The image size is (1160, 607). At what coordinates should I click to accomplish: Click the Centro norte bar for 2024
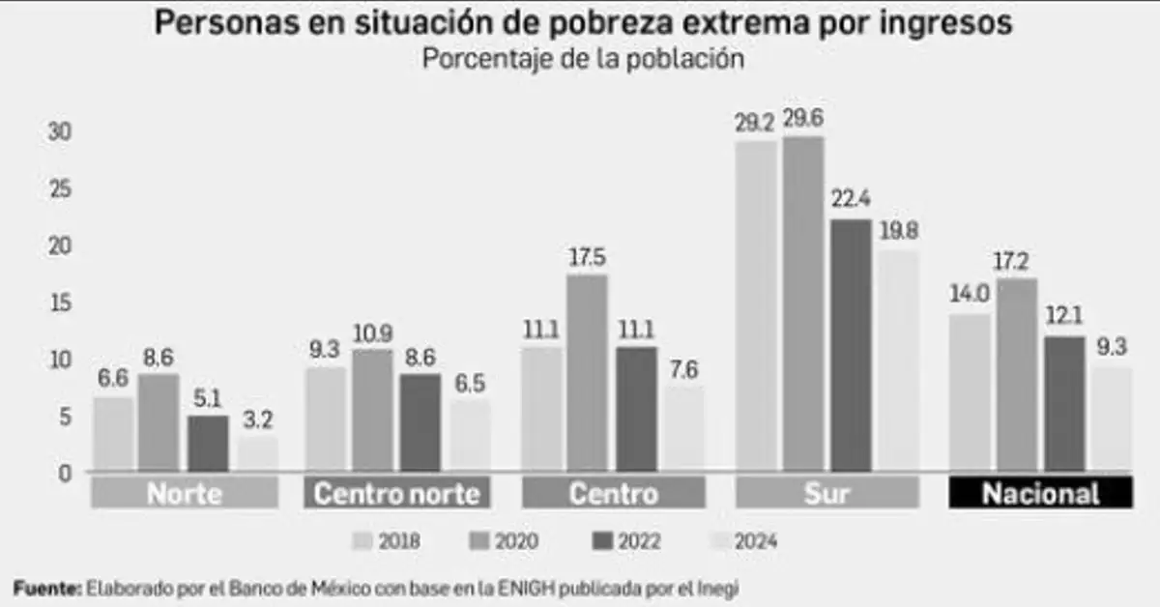coord(469,436)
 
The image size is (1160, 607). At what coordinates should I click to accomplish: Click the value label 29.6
coord(803,119)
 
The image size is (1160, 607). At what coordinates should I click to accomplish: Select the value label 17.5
coord(587,258)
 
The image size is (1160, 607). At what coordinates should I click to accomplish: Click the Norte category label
coord(185,494)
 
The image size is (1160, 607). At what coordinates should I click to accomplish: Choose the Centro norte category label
coord(397,494)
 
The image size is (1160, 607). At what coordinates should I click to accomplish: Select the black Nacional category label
coord(1039,494)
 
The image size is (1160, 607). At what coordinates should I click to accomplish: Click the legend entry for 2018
coord(387,541)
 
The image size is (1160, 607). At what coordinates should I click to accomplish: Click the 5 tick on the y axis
coord(66,418)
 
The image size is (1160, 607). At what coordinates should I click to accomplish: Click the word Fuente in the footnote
coord(45,587)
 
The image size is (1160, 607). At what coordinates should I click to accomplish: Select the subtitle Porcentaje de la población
coord(582,58)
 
